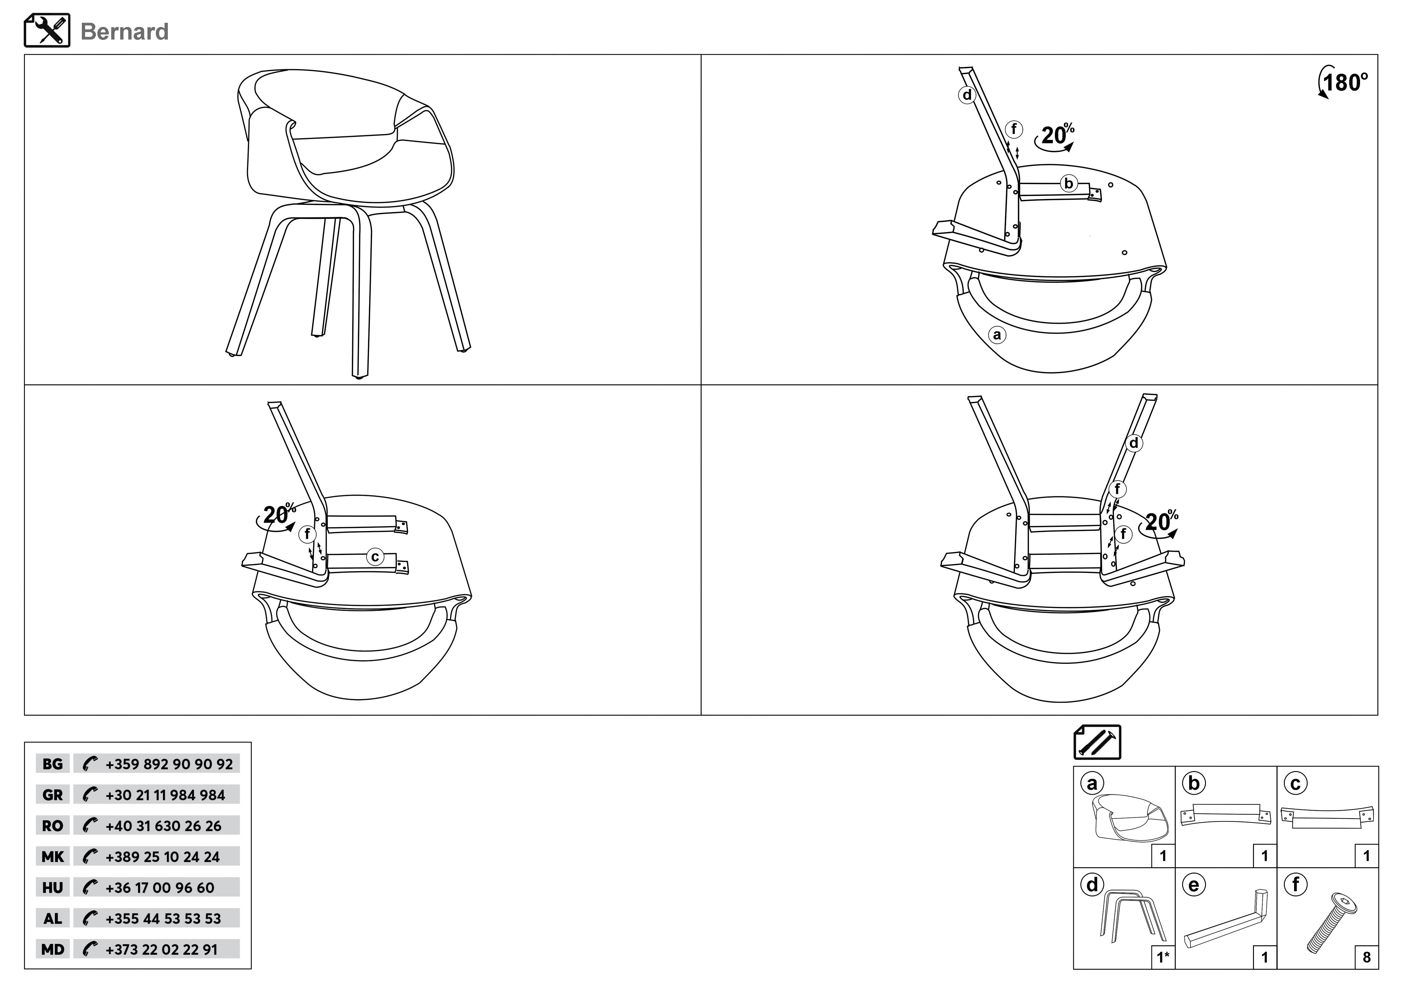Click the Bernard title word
(125, 32)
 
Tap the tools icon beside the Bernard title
(47, 31)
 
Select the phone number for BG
(169, 764)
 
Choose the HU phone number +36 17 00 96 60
(160, 888)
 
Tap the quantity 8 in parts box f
(1367, 957)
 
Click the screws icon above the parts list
(1097, 742)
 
